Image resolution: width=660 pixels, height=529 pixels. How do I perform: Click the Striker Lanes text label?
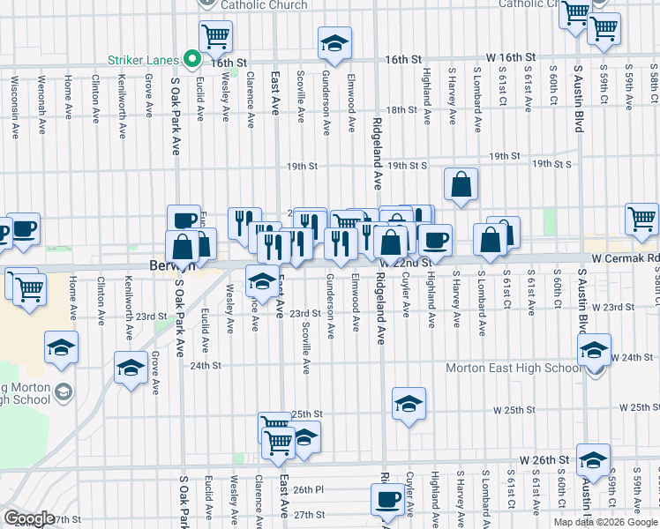[x=146, y=61]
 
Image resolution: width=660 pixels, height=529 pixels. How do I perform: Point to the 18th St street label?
[x=401, y=110]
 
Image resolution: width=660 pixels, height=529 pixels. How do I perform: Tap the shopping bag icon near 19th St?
[x=461, y=185]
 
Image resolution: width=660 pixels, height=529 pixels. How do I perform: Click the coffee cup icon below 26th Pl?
[x=386, y=502]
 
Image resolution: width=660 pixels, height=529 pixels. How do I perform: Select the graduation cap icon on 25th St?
[x=409, y=405]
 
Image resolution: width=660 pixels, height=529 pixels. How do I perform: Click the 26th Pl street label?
[x=309, y=489]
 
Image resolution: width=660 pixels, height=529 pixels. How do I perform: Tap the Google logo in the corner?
[x=29, y=518]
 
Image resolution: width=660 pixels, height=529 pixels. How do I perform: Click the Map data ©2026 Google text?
[x=604, y=522]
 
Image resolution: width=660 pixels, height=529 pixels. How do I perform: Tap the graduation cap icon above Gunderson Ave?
[x=334, y=42]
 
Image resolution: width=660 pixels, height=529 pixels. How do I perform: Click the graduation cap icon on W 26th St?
[x=593, y=460]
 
